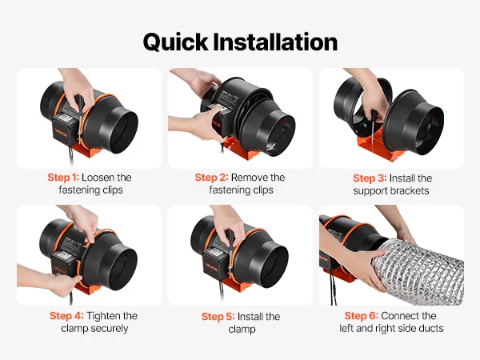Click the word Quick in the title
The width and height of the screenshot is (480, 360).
pos(175,42)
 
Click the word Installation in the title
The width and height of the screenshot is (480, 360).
pos(275,42)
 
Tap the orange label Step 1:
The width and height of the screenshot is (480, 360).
pos(63,178)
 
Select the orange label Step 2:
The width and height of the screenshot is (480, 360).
pos(211,178)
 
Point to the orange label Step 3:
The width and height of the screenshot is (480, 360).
pos(370,178)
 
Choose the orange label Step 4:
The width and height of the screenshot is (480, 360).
pos(66,316)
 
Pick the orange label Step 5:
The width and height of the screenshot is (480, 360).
pos(218,317)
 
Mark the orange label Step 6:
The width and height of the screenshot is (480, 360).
pos(362,316)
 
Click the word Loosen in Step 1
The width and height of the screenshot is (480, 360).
pos(98,178)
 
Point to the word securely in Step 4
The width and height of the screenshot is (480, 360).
pos(110,329)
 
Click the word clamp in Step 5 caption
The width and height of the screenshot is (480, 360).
pos(242,330)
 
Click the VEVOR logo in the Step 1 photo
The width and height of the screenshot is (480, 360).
pos(61,134)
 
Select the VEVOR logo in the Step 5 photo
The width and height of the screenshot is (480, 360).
pos(211,267)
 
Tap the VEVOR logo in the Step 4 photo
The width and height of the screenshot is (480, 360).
pos(59,270)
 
